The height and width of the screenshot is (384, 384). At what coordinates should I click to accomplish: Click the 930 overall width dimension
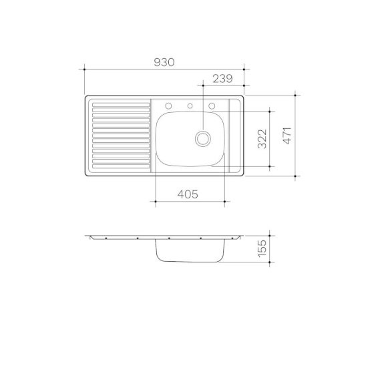tap(164, 62)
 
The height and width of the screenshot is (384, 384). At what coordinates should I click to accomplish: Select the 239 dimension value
tap(222, 79)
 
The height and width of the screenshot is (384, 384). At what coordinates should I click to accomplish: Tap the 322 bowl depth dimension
tap(262, 138)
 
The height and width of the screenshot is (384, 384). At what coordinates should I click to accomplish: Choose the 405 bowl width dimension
tap(188, 194)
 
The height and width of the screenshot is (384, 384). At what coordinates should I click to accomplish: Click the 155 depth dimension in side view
tap(262, 248)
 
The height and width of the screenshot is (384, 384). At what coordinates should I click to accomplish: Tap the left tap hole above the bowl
tap(168, 106)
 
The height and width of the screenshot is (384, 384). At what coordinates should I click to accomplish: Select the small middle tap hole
tap(190, 106)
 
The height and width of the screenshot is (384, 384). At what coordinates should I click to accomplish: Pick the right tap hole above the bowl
tap(212, 106)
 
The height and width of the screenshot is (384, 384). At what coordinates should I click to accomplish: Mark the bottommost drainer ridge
tap(120, 164)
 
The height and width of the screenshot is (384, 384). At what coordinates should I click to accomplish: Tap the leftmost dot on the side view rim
tap(106, 238)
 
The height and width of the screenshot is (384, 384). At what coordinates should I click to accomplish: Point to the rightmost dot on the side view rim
tap(232, 238)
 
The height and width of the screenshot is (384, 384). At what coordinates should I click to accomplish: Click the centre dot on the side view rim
tap(170, 238)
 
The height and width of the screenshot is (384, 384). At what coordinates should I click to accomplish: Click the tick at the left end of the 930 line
tap(85, 68)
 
